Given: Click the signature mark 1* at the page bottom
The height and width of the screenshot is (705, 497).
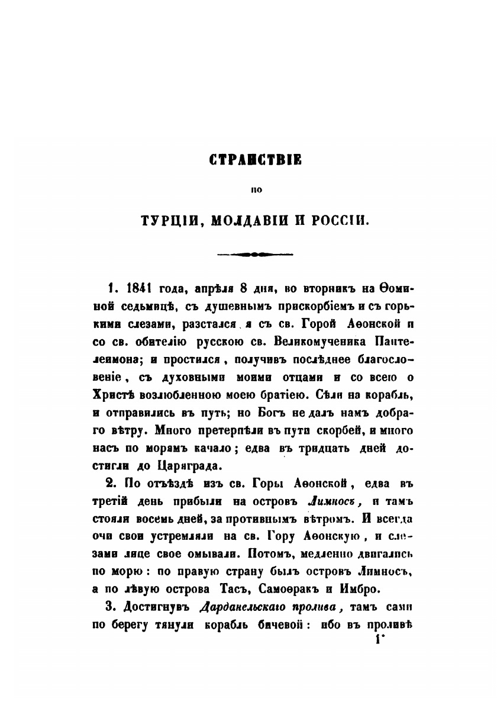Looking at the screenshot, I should (377, 642).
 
